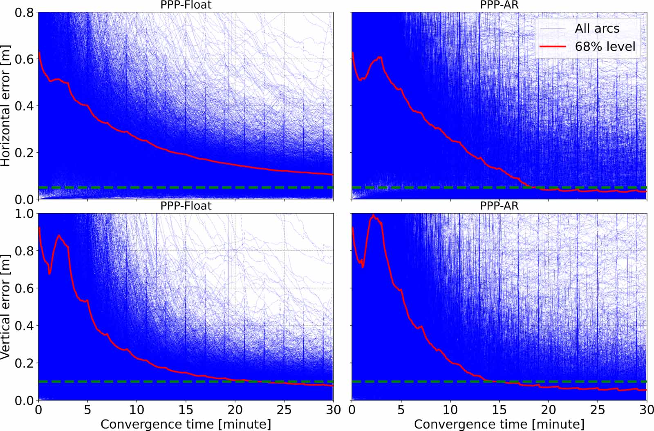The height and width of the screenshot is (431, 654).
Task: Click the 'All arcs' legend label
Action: tap(597, 28)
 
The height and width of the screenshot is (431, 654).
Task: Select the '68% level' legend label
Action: tap(605, 47)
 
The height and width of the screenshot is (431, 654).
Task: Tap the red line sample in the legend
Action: tap(552, 47)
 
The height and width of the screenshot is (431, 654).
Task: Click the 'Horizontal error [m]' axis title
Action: tap(5, 106)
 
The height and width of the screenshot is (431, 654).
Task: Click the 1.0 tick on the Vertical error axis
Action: tap(24, 213)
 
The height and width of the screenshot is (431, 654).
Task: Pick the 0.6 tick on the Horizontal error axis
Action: tap(24, 59)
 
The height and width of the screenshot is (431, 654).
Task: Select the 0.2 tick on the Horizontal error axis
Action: tap(24, 153)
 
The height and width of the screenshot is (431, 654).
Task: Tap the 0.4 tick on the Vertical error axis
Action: tap(24, 326)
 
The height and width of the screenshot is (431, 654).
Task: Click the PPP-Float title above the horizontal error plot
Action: tap(186, 5)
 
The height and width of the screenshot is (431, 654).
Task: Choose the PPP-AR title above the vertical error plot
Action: tap(499, 205)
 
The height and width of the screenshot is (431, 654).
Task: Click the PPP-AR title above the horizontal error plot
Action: tap(499, 5)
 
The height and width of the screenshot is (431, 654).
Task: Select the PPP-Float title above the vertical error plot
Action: tap(186, 205)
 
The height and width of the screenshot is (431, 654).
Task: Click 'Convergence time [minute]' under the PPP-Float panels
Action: tap(186, 424)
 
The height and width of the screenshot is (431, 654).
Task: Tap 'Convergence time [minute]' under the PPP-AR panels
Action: tap(499, 424)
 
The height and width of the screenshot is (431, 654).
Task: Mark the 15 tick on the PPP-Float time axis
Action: tap(186, 410)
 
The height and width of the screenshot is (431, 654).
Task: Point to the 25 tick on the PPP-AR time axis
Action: tap(598, 410)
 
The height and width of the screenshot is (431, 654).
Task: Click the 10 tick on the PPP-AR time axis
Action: tap(450, 410)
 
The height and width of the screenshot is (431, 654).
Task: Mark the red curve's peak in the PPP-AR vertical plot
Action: tap(373, 214)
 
